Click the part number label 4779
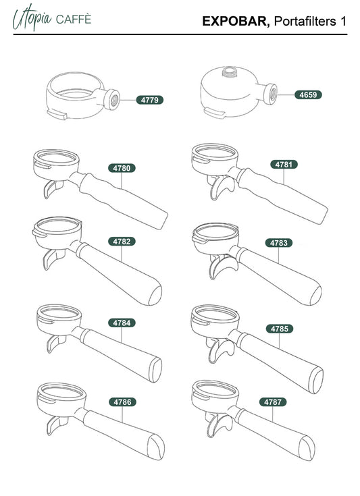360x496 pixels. point(150,100)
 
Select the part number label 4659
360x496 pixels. point(308,94)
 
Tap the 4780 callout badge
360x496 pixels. point(122,168)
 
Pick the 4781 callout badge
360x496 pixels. point(284,165)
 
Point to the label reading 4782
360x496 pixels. point(122,242)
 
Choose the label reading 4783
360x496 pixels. point(279,243)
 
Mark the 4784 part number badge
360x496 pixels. point(122,323)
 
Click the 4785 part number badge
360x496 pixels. point(280,329)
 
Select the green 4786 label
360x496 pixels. point(122,402)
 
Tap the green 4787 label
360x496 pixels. point(273,402)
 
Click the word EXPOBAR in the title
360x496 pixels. point(236,21)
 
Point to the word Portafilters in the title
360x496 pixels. point(305,21)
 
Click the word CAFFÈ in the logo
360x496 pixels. point(74,20)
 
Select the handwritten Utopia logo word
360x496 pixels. point(32,18)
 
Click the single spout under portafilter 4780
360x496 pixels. point(51,188)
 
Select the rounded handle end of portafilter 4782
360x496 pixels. point(155,295)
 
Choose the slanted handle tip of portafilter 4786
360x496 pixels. point(157,447)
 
